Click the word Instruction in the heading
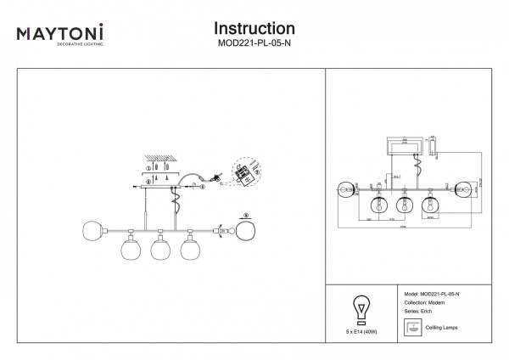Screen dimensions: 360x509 pos(255,30)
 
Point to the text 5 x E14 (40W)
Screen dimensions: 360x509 pos(359,330)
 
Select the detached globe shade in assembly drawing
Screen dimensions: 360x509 pos(246,231)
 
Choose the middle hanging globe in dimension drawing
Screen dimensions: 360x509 pos(405,205)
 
